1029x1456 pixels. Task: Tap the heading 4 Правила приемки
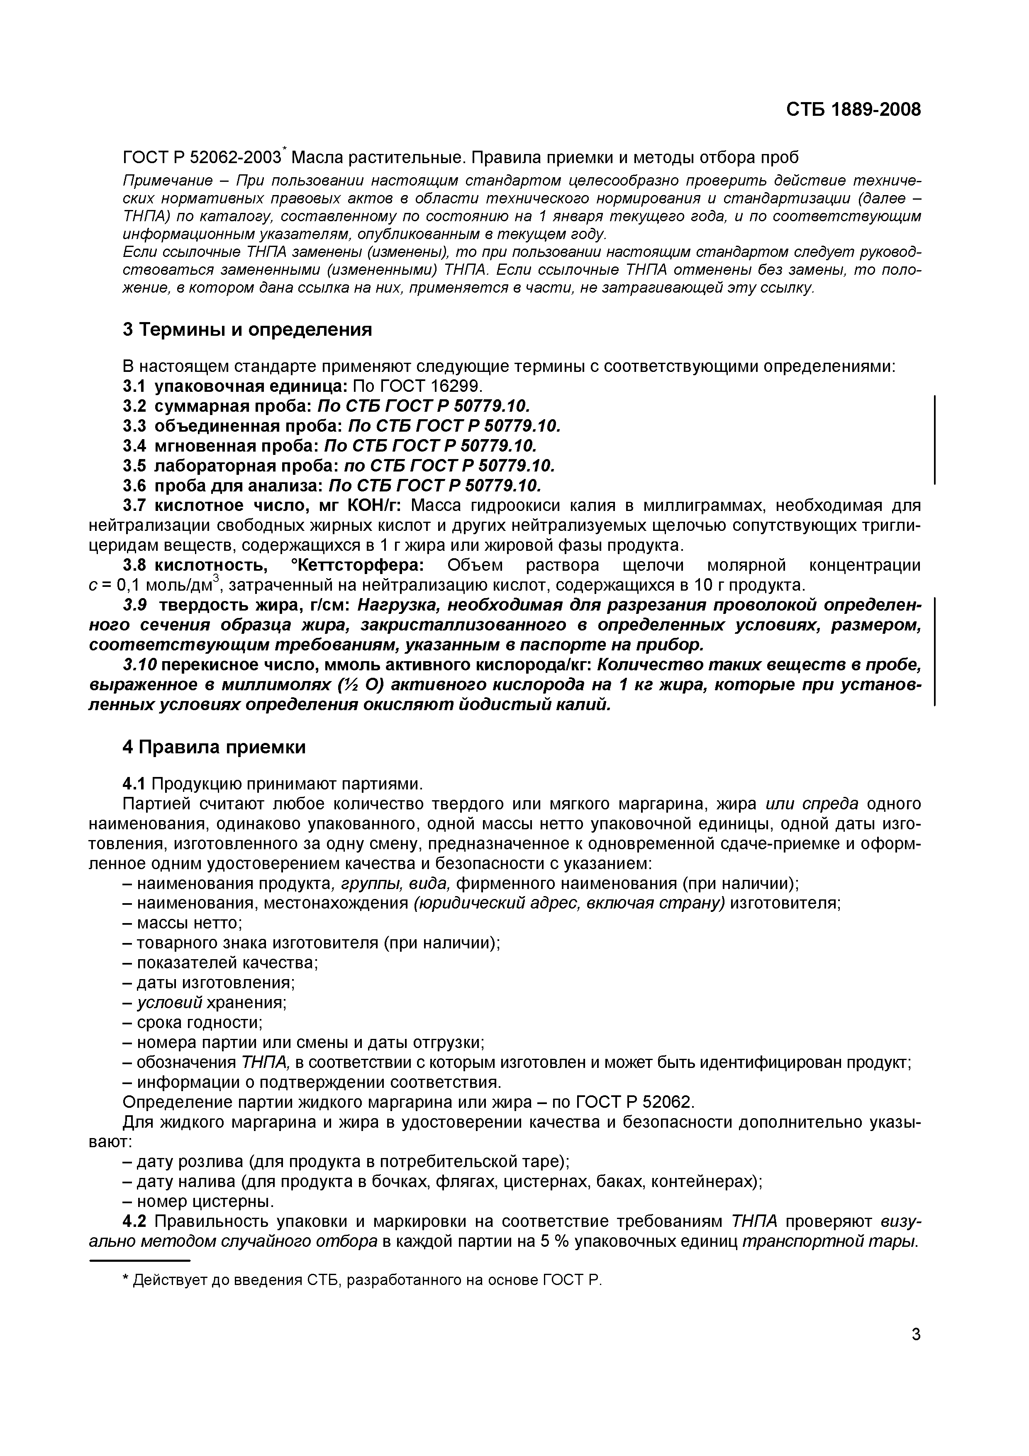click(x=214, y=747)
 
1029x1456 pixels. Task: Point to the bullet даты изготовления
click(x=209, y=982)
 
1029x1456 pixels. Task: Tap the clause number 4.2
click(x=134, y=1221)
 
